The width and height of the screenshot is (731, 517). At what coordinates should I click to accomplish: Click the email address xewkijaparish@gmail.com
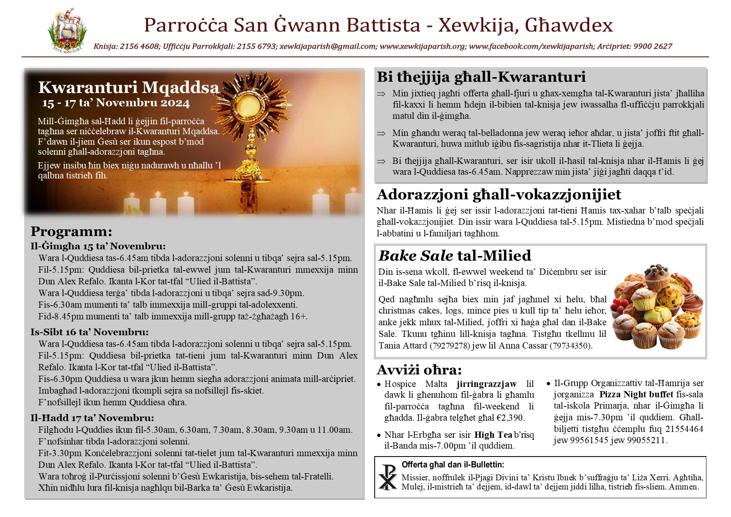(x=328, y=46)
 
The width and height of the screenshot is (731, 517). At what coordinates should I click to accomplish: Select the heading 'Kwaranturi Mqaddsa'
(x=128, y=88)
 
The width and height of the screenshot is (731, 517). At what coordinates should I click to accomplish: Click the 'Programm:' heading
(x=71, y=231)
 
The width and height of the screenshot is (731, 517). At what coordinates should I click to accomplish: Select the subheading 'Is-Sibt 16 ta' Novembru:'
(x=89, y=332)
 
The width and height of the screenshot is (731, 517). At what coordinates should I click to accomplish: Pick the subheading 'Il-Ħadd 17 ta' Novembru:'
(x=92, y=418)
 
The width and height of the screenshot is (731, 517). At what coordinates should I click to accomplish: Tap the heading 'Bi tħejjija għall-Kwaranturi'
(x=481, y=77)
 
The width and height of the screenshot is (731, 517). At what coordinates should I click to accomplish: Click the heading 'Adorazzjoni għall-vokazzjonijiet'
(x=498, y=195)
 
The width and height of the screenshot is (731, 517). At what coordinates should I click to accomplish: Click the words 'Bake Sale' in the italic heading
(x=416, y=256)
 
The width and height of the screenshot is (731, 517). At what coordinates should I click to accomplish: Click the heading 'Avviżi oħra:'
(x=419, y=370)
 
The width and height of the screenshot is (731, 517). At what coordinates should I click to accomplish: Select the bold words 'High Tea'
(x=493, y=435)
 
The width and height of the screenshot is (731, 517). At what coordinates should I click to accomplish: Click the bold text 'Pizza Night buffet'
(x=636, y=394)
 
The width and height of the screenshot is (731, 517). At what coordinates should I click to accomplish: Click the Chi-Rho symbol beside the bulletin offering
(x=388, y=477)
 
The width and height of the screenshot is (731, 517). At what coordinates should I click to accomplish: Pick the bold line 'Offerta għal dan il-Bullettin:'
(x=453, y=465)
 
